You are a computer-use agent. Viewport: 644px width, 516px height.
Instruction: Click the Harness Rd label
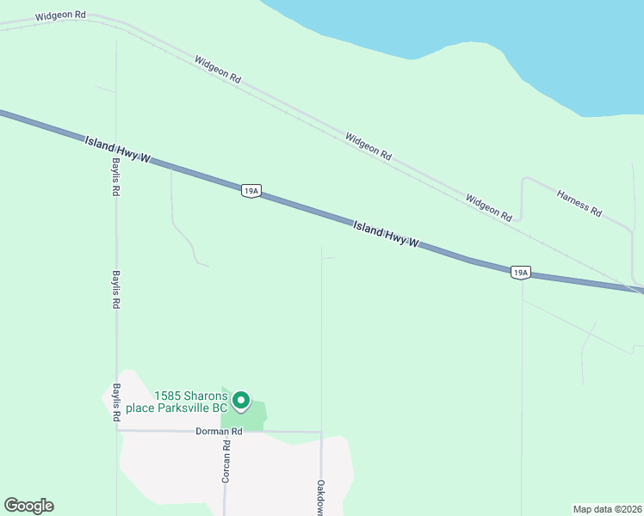pos(579,203)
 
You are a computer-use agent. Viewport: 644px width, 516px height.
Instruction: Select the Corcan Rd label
pos(226,461)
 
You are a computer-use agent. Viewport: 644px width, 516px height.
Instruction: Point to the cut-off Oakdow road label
pos(320,497)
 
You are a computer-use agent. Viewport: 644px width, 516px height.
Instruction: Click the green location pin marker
pos(242,401)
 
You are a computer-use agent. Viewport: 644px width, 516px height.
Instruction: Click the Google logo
pos(28,506)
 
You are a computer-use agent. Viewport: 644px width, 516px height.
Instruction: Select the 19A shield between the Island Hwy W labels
pos(251,191)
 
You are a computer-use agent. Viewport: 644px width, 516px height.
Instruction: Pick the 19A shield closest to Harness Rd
pos(519,273)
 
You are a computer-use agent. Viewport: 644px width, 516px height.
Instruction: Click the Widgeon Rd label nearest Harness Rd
pos(488,207)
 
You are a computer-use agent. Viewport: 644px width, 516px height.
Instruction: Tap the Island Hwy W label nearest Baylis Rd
pos(118,149)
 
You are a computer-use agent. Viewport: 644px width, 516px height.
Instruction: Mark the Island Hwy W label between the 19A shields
pos(386,234)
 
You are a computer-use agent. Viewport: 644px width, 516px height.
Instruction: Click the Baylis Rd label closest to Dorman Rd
pos(115,402)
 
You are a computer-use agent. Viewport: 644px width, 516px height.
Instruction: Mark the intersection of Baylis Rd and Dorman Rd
pos(117,431)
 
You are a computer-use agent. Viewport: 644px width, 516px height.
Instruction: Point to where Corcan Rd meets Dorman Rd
pos(237,431)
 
